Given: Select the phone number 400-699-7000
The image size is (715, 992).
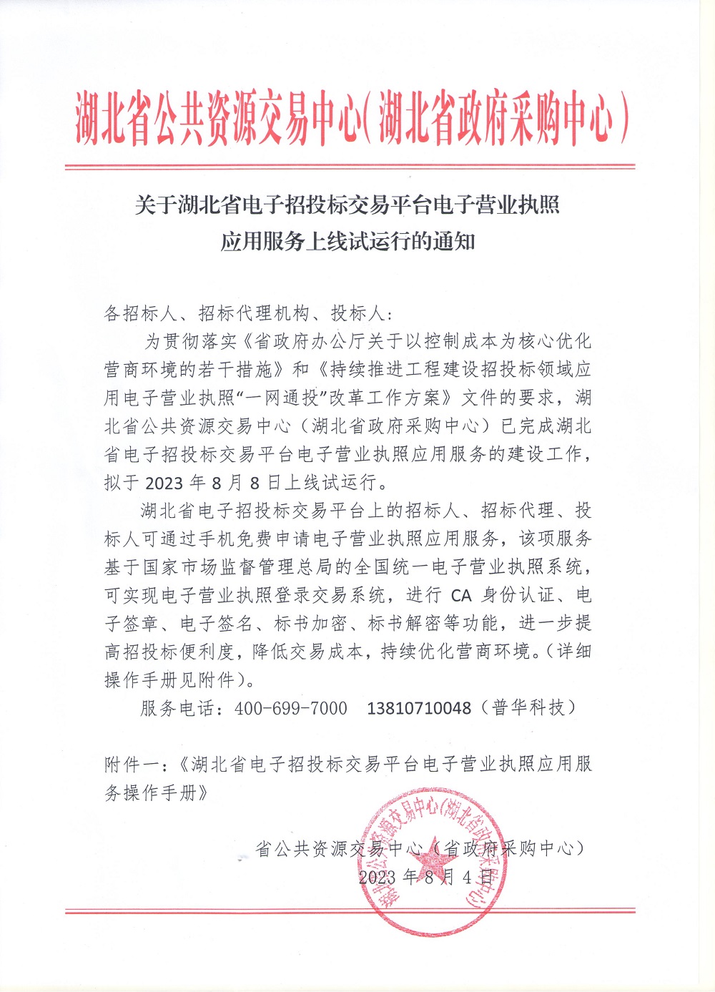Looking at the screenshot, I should click(290, 708).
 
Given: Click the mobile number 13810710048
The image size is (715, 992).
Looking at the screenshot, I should click(419, 708).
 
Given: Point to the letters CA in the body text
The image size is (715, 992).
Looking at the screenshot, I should click(462, 595).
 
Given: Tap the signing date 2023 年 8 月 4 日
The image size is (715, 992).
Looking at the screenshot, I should click(426, 877).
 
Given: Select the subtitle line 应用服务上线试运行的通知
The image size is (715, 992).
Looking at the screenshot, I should click(347, 242).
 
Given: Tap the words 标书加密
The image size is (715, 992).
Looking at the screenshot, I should click(310, 624).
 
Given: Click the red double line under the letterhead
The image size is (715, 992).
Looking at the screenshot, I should click(350, 167).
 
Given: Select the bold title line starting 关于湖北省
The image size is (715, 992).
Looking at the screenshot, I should click(347, 206).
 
